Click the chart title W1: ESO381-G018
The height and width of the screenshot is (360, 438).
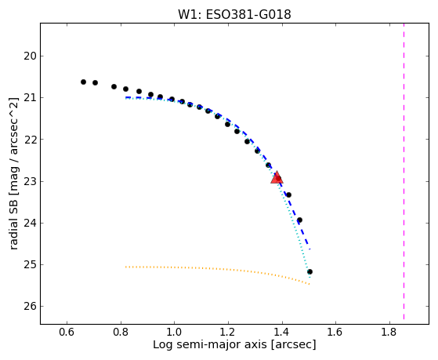click(234, 15)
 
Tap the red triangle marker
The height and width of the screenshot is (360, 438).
click(277, 178)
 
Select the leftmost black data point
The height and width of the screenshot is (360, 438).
click(83, 82)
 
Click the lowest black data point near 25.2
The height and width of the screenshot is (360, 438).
click(309, 271)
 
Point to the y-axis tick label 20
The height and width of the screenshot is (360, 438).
click(30, 56)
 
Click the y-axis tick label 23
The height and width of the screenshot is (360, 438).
click(30, 181)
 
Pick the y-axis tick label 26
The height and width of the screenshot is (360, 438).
click(30, 307)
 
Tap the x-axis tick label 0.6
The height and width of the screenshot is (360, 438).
click(67, 332)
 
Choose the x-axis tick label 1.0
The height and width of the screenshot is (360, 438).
click(174, 332)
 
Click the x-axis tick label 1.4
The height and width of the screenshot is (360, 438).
click(282, 332)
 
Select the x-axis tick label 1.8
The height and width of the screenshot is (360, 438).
click(389, 332)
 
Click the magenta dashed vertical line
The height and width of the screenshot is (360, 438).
click(404, 171)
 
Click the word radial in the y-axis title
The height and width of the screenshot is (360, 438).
click(14, 235)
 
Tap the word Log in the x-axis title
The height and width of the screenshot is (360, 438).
click(161, 345)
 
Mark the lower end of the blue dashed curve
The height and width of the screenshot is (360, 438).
click(309, 249)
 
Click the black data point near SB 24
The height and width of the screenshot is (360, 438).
click(299, 220)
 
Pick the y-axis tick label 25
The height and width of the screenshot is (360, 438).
click(30, 264)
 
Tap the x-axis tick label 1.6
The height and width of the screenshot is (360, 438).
click(335, 332)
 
